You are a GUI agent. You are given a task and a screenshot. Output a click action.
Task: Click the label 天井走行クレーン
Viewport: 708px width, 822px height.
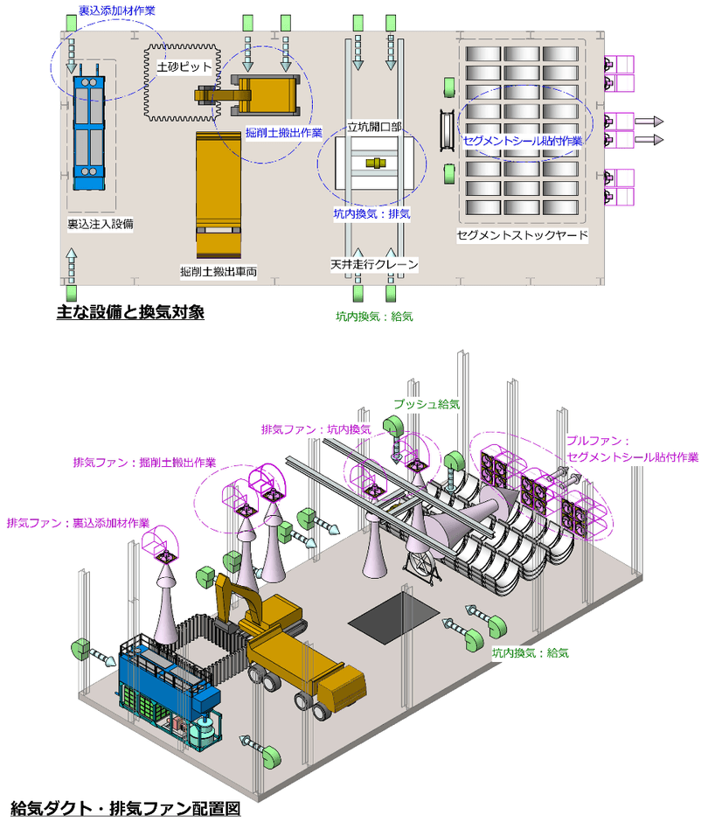click(x=374, y=263)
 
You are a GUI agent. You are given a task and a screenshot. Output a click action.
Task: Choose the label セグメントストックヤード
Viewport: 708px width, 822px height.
click(x=523, y=235)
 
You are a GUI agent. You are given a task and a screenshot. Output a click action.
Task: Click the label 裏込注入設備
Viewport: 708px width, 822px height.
click(x=101, y=224)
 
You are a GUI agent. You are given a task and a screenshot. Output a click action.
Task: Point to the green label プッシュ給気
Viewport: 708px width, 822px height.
click(x=426, y=405)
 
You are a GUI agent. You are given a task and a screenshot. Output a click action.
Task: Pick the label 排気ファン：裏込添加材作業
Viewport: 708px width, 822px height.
click(x=78, y=522)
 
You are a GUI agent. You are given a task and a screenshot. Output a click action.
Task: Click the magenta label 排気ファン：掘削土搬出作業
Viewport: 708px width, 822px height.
click(x=144, y=462)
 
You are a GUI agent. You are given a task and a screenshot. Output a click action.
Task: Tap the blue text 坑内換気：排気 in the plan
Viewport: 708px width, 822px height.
click(x=372, y=212)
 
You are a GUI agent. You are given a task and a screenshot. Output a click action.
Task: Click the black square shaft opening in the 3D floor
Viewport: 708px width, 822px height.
click(x=392, y=619)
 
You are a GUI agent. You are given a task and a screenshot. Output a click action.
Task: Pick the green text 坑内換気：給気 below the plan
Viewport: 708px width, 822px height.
click(x=374, y=316)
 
